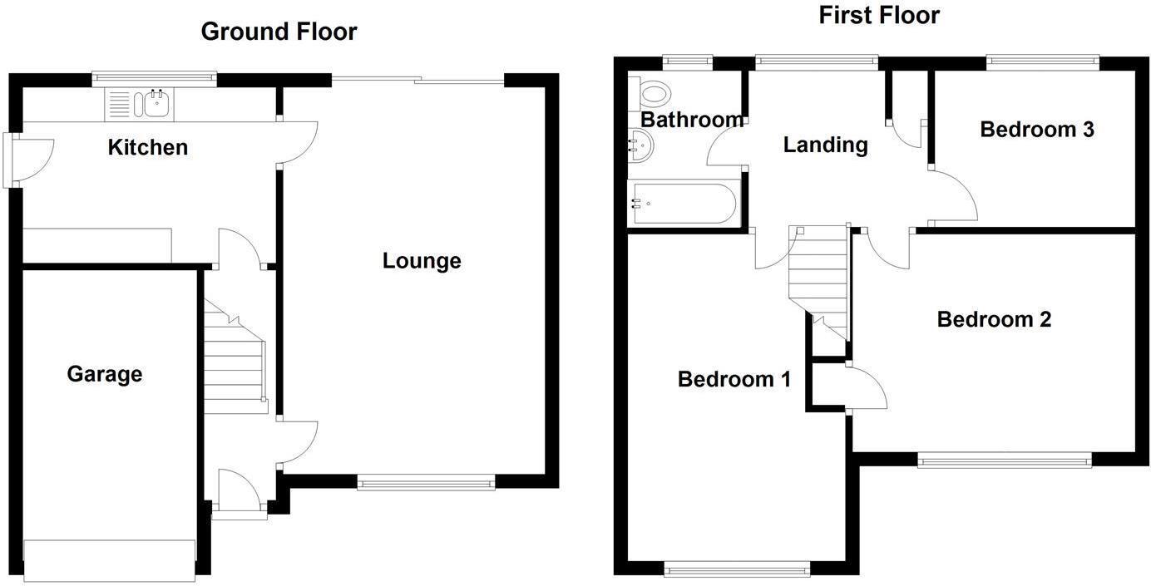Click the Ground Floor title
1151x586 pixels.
click(x=279, y=32)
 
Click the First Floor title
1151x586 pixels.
click(x=879, y=15)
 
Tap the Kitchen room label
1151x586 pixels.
click(x=148, y=147)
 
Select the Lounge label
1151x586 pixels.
click(x=422, y=261)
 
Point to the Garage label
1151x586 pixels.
click(x=105, y=374)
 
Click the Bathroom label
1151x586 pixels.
click(x=692, y=120)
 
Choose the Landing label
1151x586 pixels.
click(x=825, y=145)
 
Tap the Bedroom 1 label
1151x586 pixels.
click(x=734, y=379)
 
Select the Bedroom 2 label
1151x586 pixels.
click(x=994, y=319)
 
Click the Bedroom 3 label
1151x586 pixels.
click(x=1036, y=130)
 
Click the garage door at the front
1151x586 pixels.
click(x=110, y=559)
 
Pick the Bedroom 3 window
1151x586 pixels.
click(x=1043, y=61)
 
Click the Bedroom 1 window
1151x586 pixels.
click(x=737, y=569)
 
